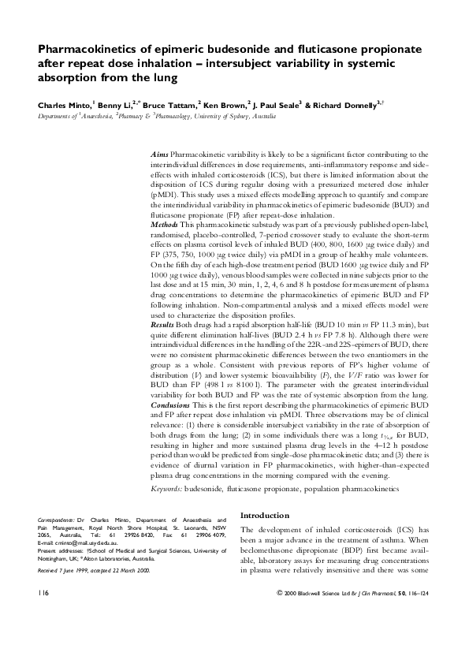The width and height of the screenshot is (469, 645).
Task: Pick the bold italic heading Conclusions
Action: point(170,403)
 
